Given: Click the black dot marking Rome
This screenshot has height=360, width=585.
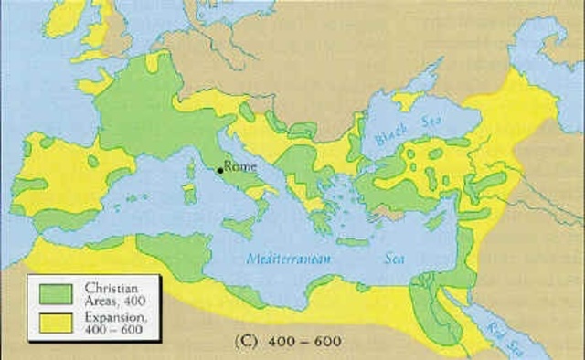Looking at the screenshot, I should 220,170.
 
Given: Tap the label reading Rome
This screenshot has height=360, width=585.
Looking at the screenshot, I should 241,168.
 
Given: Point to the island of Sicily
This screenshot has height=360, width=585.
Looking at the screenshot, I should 239,226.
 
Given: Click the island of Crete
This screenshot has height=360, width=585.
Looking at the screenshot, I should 351,242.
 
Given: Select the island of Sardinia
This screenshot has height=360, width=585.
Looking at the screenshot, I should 189,194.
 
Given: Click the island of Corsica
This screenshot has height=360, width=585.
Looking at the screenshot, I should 190,169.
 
